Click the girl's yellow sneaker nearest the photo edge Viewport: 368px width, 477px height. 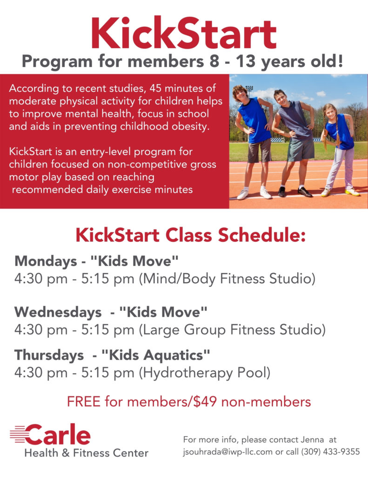pyautogui.click(x=352, y=191)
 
